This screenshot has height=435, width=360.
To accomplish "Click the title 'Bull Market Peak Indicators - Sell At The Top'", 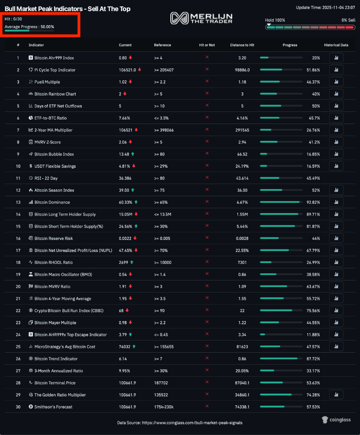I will [x=67, y=9].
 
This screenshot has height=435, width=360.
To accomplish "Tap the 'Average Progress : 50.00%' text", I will [x=29, y=27].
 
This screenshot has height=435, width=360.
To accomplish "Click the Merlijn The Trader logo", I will [x=201, y=18].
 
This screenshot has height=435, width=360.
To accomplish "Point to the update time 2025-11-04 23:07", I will [x=326, y=7].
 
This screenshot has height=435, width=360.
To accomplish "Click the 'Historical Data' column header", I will [x=336, y=45].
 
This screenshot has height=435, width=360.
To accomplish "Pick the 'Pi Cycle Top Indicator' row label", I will [x=55, y=70].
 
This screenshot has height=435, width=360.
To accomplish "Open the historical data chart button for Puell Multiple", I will [x=336, y=82].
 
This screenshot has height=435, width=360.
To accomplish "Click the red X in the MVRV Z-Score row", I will [x=207, y=142].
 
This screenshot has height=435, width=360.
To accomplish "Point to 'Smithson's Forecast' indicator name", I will [x=53, y=407].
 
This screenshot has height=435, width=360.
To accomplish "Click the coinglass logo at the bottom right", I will [x=337, y=419].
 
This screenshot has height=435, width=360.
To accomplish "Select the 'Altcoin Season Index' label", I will [x=54, y=190].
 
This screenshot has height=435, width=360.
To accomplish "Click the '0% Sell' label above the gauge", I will [x=348, y=20].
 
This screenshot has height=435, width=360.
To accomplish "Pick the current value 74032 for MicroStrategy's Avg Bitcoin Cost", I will [x=125, y=346].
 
